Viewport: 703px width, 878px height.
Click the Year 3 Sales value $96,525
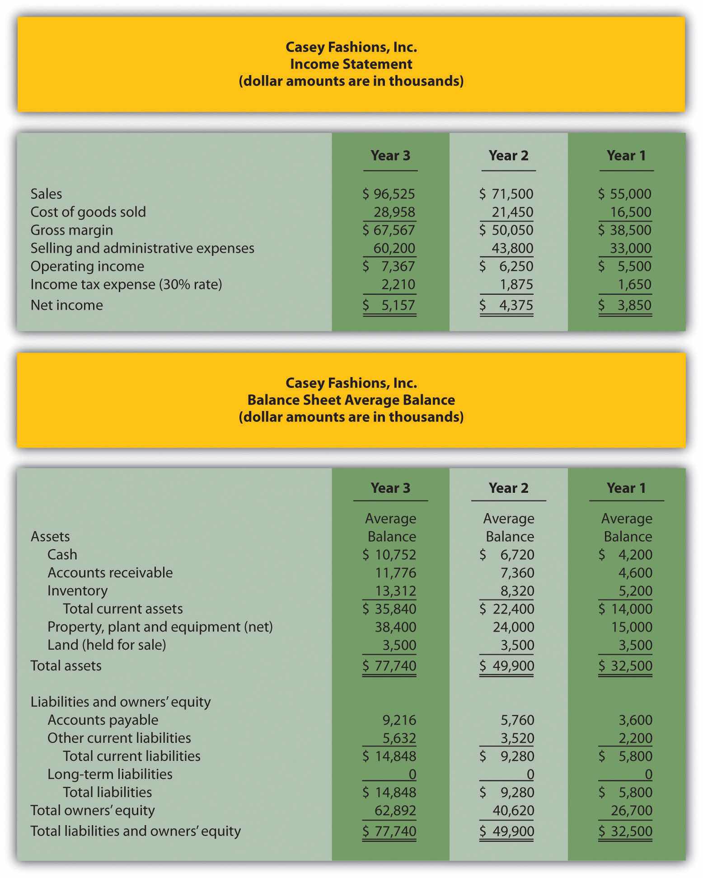click(x=389, y=194)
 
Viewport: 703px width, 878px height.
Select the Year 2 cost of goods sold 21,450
click(x=512, y=212)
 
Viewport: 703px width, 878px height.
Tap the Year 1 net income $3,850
click(x=625, y=305)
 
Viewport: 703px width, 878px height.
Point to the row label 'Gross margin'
click(x=71, y=230)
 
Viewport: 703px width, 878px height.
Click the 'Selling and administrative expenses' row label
click(x=142, y=248)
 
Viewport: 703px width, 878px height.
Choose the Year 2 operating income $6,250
click(x=506, y=266)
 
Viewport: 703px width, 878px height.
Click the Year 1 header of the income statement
click(x=626, y=156)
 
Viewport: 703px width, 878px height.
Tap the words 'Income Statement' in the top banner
click(x=351, y=64)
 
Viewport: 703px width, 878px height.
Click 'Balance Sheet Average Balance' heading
click(x=351, y=400)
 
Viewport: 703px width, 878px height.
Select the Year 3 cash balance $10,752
click(x=389, y=555)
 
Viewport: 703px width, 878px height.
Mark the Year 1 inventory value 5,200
click(x=635, y=591)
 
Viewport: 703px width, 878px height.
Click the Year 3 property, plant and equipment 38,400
click(x=395, y=627)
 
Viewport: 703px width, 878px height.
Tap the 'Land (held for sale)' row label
click(x=107, y=645)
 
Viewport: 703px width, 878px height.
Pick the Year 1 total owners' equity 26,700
click(x=632, y=811)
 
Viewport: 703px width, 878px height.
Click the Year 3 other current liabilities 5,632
click(x=399, y=738)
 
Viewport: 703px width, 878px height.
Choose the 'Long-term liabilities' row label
click(x=110, y=774)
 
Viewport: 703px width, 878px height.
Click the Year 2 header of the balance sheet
click(x=508, y=488)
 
